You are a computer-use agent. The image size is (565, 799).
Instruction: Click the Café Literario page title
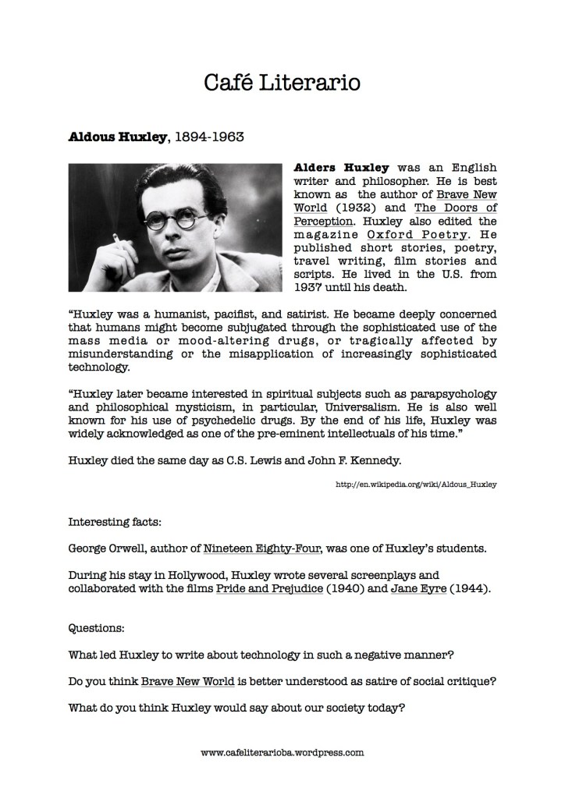282,82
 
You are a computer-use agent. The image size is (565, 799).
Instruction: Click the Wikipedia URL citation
415,485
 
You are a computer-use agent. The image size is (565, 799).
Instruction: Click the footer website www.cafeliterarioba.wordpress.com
282,754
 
